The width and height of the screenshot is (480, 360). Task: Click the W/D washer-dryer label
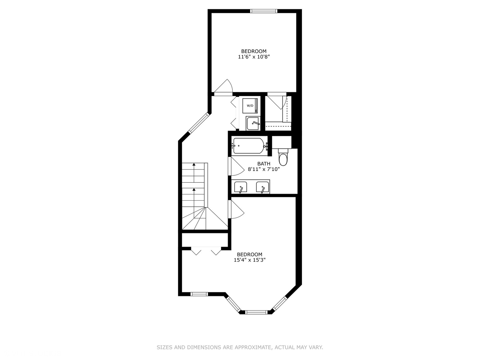[x=250, y=106]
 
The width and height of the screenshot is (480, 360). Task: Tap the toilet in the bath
[x=283, y=159]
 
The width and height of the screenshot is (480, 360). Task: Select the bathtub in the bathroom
[x=249, y=146]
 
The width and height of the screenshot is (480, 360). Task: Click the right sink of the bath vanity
[x=262, y=187]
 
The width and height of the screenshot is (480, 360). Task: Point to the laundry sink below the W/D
[x=253, y=123]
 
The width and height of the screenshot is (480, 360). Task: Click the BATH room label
[x=264, y=164]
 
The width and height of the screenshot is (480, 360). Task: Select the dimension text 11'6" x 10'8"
[x=254, y=57]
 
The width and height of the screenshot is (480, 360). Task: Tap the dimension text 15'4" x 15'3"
[x=249, y=260]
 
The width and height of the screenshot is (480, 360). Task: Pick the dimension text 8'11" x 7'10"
[x=264, y=169]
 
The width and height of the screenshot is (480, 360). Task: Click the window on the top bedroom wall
[x=264, y=11]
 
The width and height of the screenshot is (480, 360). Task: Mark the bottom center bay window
[x=256, y=312]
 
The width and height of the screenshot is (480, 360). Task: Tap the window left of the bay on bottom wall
[x=199, y=294]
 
